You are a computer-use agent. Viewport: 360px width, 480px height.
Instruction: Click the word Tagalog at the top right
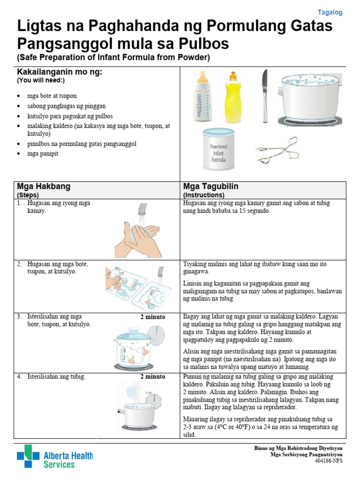pos(330,13)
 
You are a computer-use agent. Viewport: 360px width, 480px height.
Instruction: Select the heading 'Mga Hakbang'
pos(44,186)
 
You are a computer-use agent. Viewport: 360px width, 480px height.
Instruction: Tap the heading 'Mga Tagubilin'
pos(210,186)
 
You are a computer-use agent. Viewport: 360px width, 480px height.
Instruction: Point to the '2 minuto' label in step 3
pos(152,317)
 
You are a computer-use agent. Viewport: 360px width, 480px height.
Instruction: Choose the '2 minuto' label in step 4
pos(152,376)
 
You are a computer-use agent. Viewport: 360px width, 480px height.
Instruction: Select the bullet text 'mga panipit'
pos(43,153)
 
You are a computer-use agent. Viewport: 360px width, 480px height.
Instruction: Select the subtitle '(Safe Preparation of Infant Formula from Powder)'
pos(113,57)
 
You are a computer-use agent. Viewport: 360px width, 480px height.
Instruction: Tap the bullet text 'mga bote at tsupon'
pos(52,96)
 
